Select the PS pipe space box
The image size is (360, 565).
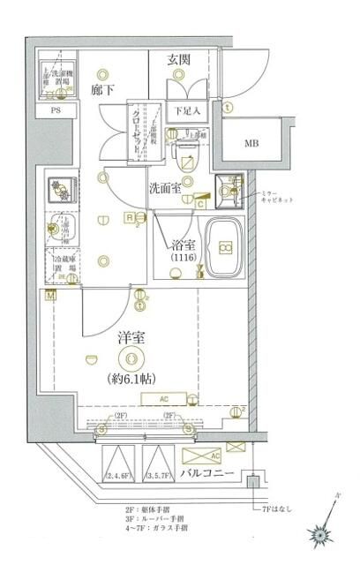coord(56,111)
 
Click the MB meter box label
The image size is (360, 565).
coord(251,142)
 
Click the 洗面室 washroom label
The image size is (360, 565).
coord(165,187)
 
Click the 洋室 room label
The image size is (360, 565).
coord(131,337)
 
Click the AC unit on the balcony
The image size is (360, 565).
coord(205,456)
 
